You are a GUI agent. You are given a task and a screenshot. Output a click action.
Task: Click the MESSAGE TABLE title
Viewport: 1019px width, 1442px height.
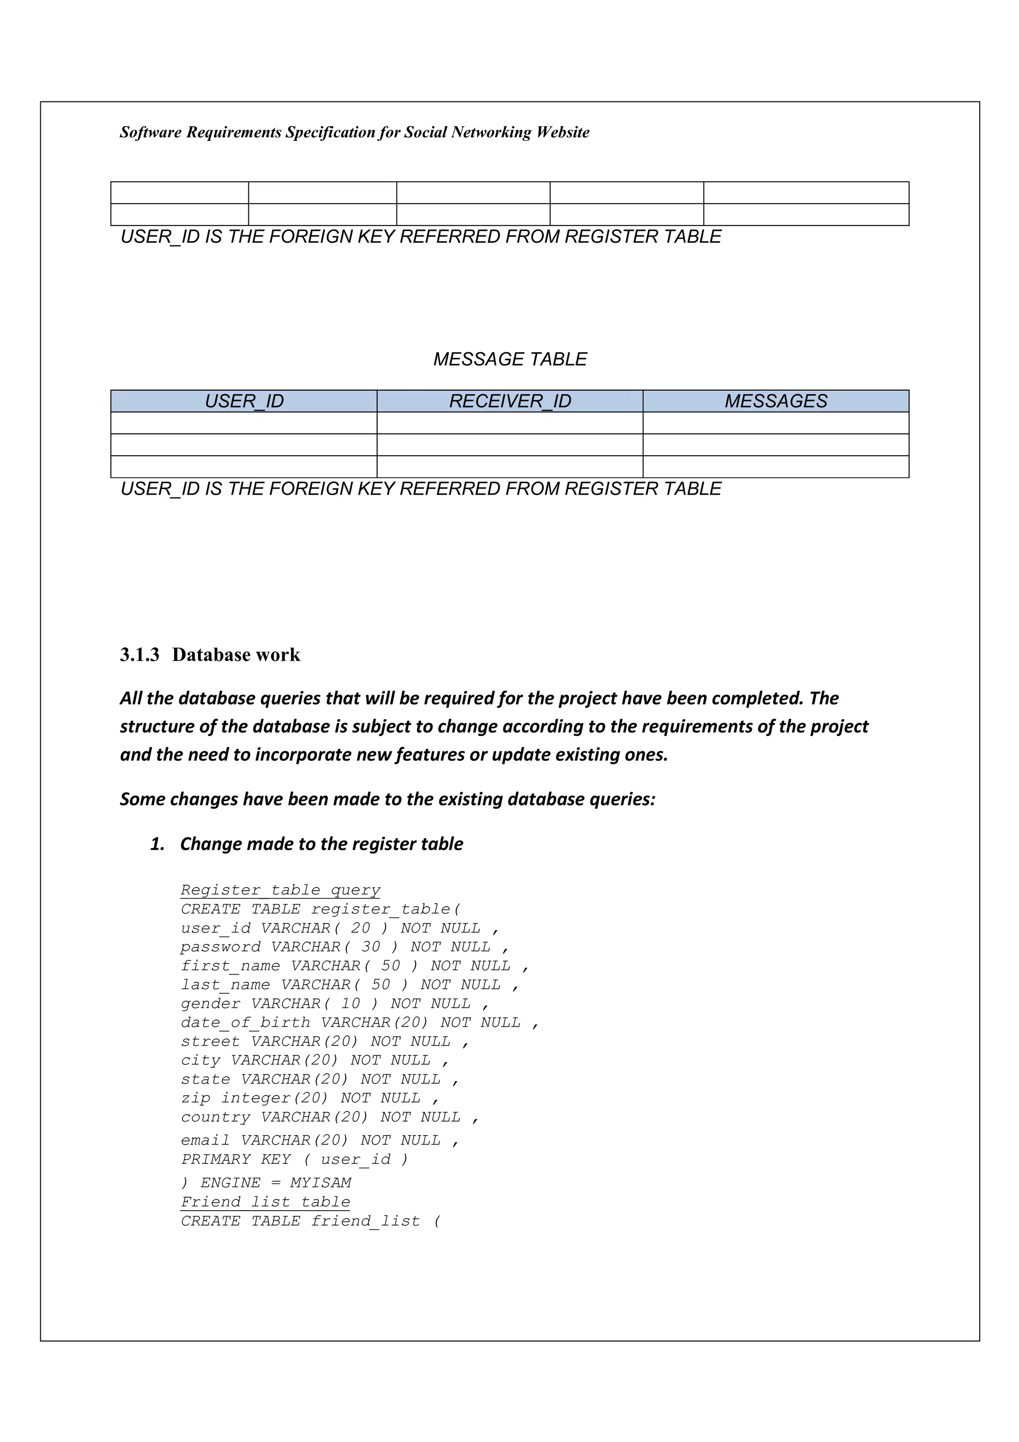510,359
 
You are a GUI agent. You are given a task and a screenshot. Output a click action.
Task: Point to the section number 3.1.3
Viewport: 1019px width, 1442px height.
139,654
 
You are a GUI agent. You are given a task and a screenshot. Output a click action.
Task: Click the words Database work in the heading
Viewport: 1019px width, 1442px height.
236,654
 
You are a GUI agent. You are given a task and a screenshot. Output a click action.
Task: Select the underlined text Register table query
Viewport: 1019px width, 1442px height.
280,890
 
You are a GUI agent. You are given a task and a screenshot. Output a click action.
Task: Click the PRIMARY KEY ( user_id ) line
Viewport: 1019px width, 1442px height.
294,1159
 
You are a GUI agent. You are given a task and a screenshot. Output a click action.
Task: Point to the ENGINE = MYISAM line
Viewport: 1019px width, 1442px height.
266,1183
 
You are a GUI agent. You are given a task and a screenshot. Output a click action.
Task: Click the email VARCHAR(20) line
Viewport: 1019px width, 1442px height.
319,1140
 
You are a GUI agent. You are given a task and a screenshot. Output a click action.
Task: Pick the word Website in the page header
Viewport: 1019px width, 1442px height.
563,132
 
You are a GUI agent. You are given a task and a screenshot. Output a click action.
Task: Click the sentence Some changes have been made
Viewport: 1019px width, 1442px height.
388,799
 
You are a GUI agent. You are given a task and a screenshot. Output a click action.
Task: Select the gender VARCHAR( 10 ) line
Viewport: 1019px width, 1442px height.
334,1003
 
